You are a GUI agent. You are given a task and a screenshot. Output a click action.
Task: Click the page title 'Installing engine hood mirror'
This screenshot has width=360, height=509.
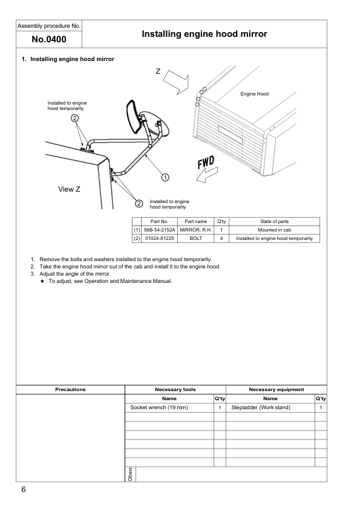204,34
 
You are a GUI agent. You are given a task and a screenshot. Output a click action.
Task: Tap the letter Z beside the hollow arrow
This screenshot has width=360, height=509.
158,72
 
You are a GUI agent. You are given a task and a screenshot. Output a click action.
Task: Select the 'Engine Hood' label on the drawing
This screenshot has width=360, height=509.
254,94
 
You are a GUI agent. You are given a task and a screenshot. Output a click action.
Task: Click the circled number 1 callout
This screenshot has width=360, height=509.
165,177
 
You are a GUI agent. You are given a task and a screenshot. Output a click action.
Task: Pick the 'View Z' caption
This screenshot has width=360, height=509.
70,189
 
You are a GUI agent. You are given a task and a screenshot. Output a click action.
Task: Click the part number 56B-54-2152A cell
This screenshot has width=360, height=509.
159,230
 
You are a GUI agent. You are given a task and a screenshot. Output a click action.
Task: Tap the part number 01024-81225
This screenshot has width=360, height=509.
159,239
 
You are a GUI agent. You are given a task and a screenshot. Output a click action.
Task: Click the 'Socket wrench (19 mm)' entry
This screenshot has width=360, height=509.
160,407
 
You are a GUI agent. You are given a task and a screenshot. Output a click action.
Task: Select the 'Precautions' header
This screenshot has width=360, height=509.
70,390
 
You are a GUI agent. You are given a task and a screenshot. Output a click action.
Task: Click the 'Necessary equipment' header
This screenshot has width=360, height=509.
276,390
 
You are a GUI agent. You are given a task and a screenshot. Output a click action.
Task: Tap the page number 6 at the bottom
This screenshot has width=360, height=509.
23,490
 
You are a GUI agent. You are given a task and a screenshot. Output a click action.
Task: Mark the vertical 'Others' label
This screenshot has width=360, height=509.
130,474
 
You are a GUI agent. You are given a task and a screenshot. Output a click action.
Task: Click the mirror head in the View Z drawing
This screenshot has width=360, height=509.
134,116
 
